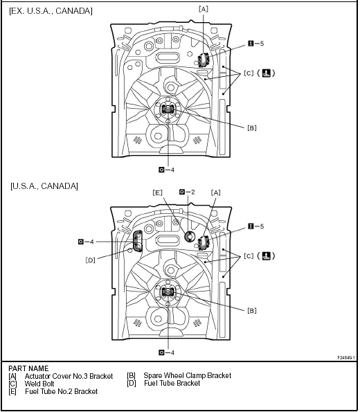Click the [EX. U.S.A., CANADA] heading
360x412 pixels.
51,11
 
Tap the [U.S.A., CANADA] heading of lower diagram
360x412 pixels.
44,186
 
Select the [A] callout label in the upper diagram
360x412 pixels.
203,9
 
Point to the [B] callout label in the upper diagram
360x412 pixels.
252,127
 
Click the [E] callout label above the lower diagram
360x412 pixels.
157,192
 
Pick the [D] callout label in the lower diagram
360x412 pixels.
90,260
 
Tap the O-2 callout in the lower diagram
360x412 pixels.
187,192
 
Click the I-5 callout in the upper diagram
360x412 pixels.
256,44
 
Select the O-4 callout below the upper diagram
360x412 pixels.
167,170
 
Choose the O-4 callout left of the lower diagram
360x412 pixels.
86,242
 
